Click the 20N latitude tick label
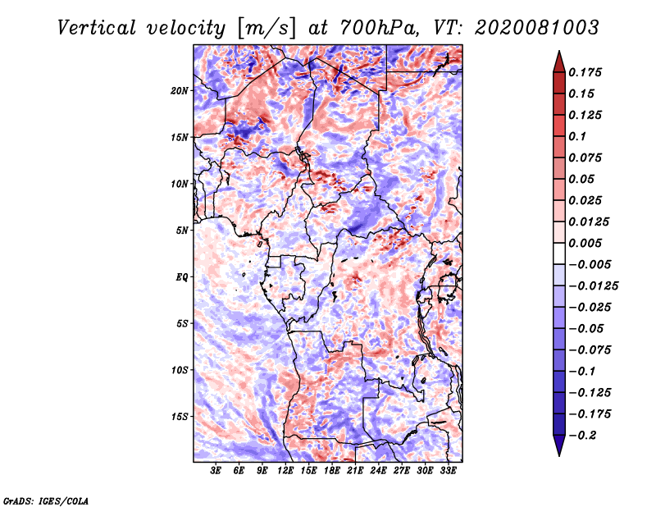coord(180,91)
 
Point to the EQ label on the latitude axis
coord(182,277)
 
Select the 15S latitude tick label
coord(180,417)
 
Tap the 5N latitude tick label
coord(182,231)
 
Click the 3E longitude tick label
coord(216,471)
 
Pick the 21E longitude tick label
coord(355,471)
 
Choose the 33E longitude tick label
coord(448,471)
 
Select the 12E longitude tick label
coord(285,471)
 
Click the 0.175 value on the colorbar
coord(585,72)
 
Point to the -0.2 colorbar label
coord(582,436)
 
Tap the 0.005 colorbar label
coord(585,243)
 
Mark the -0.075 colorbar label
coord(590,350)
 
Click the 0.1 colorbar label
coord(577,136)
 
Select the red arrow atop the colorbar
coord(559,62)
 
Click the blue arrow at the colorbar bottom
coord(559,445)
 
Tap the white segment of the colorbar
coord(559,253)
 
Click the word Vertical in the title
coord(97,28)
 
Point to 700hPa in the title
coord(380,28)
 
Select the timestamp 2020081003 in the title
coord(537,28)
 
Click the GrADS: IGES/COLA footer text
coord(46,500)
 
